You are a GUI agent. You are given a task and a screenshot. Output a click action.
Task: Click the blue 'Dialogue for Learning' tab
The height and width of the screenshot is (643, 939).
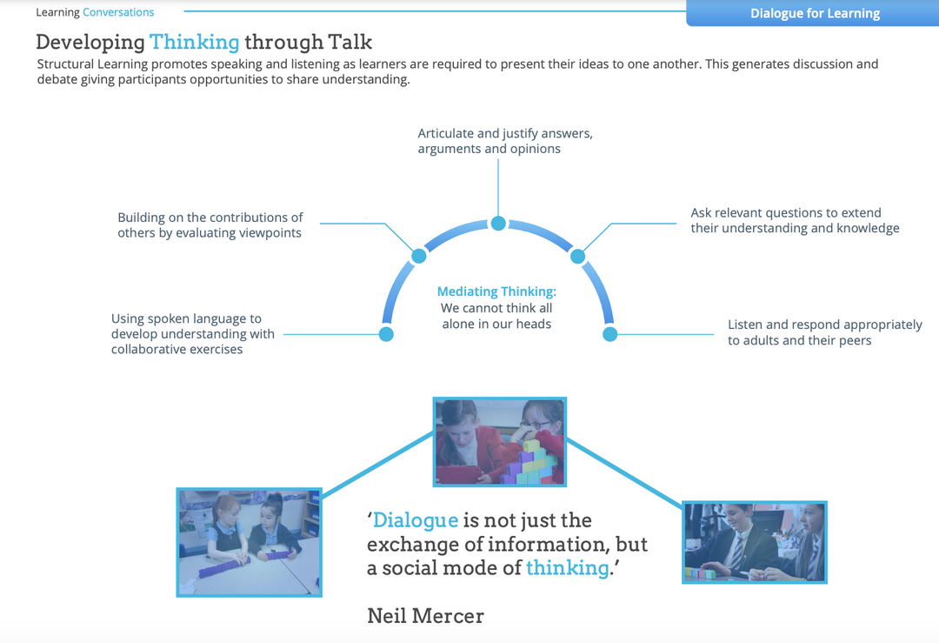pos(815,13)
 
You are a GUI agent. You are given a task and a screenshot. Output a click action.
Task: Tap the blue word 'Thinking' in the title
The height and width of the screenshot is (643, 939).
pos(194,42)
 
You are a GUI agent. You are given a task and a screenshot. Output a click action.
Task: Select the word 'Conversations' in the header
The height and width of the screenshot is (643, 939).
pos(118,12)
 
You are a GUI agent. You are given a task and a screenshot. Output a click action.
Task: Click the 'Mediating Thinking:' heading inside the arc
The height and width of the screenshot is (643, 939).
pos(496,291)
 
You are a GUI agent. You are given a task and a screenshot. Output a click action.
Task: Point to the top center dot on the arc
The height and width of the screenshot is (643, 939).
pos(498,224)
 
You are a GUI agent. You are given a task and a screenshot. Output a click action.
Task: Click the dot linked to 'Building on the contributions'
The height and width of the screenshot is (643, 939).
pos(418,256)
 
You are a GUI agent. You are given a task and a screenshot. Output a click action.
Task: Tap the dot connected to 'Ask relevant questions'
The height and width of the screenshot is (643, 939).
pos(577,256)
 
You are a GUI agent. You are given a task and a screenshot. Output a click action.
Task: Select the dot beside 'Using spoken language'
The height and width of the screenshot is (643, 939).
pos(386,334)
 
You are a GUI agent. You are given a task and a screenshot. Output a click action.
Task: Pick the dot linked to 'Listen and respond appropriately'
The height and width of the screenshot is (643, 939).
pos(609,334)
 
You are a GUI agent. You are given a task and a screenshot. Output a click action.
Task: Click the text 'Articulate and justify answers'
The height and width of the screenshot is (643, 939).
pos(504,134)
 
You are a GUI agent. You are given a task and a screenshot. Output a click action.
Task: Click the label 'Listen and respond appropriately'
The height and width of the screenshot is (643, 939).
pos(824,325)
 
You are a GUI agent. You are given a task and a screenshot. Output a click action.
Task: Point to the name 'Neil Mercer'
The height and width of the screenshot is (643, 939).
pos(425,616)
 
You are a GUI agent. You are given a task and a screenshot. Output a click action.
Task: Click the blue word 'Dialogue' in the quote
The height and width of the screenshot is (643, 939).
pos(416,520)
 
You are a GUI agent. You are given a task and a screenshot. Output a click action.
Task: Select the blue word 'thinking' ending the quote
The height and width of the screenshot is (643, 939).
pos(567,567)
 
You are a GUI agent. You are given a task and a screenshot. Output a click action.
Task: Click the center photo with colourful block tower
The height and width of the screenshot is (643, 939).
pos(499,442)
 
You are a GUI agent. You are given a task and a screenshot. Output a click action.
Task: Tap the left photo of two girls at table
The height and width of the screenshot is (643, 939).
pos(249,541)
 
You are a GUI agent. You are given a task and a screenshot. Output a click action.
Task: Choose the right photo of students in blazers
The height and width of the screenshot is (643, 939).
pos(754,541)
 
